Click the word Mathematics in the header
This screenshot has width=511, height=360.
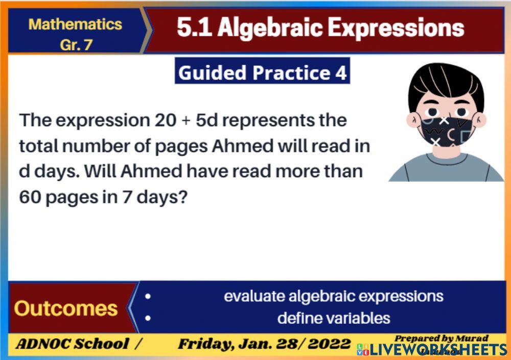point(75,24)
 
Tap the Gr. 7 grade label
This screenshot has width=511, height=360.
point(76,44)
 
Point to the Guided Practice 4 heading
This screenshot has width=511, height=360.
point(262,73)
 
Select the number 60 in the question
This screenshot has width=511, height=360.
point(31,197)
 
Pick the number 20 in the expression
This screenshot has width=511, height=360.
point(166,121)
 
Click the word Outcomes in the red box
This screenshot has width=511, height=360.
point(65,308)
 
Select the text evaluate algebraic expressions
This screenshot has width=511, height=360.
point(334,296)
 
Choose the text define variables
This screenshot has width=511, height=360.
point(334,318)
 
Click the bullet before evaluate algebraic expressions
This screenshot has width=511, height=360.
point(148,296)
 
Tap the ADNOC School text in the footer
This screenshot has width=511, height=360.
point(73,344)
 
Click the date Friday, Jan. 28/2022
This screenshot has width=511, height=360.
point(264,344)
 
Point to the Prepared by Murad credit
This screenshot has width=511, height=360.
point(441,338)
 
